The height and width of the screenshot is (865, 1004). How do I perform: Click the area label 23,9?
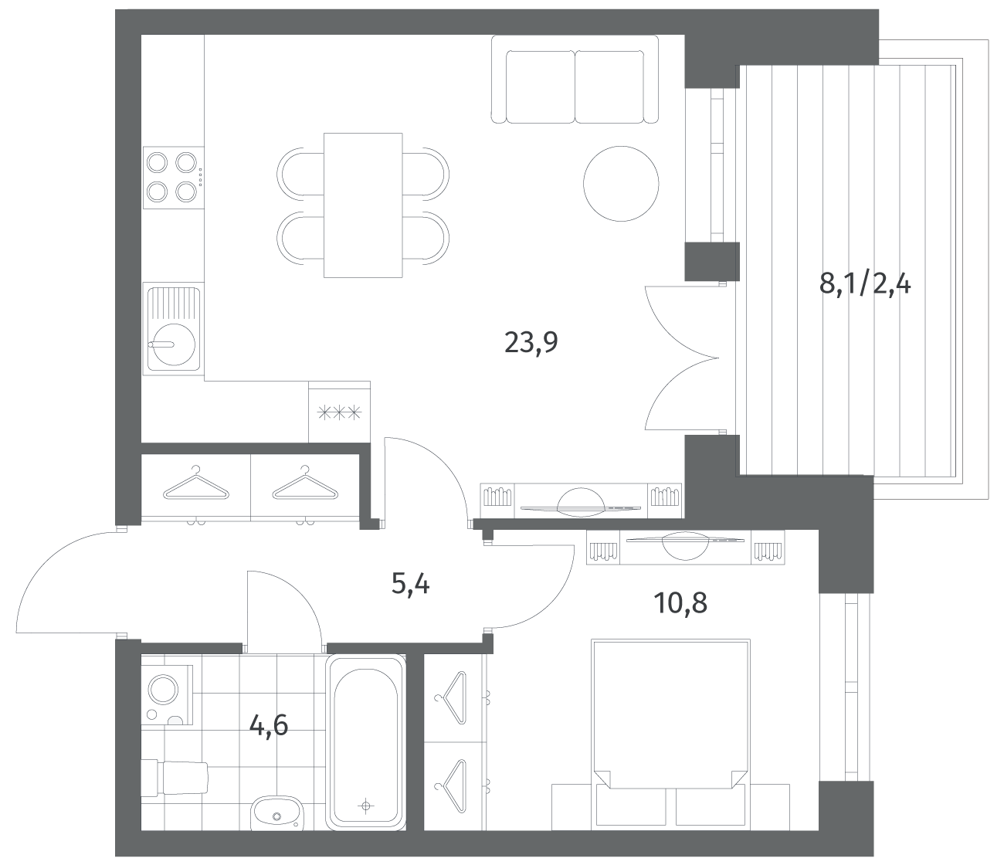click(x=531, y=343)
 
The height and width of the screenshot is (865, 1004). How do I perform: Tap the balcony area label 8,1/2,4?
click(x=864, y=284)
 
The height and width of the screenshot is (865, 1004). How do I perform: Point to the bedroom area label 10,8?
click(x=680, y=603)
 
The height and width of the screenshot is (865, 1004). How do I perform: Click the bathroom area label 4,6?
click(x=269, y=726)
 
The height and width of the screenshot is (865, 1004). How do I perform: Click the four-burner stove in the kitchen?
click(x=174, y=178)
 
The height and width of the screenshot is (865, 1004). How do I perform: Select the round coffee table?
click(x=621, y=184)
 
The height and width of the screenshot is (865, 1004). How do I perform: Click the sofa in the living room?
click(x=575, y=80)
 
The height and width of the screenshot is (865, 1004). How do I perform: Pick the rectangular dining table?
click(x=363, y=205)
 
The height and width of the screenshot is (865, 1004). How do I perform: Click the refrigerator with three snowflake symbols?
click(x=339, y=412)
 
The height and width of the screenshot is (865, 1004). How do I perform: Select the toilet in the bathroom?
click(x=175, y=778)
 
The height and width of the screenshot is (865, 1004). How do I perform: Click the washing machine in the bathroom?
click(x=167, y=691)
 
